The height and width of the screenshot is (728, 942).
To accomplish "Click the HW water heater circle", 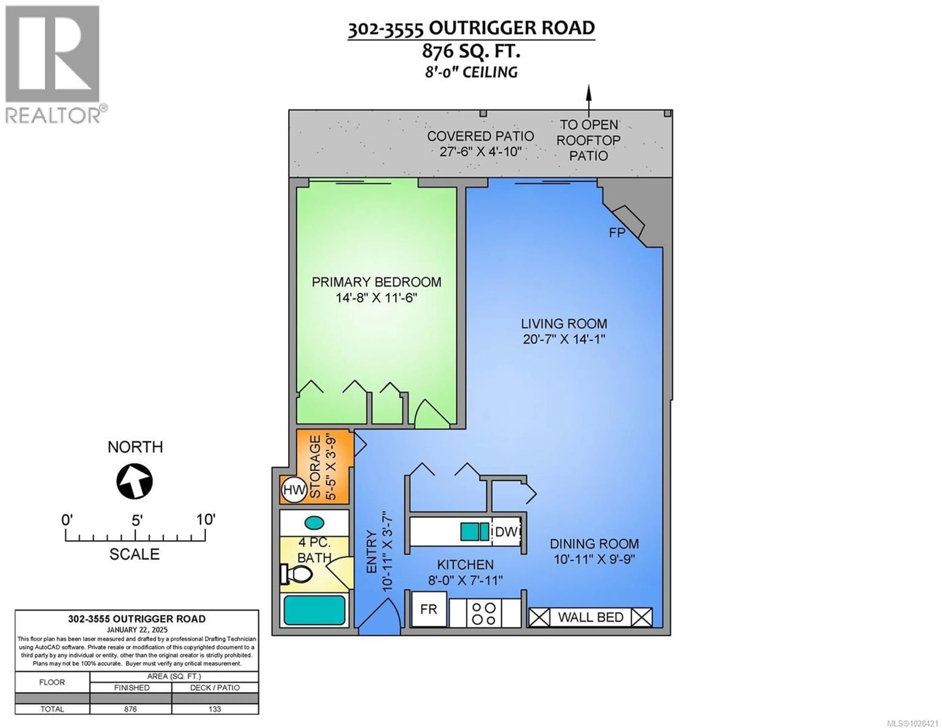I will (x=294, y=490).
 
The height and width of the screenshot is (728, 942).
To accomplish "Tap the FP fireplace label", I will (x=617, y=233).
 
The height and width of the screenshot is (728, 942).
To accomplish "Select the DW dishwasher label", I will (x=506, y=532).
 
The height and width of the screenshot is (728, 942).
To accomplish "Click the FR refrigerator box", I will (x=429, y=609).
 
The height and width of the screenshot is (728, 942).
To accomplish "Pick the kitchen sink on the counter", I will (x=474, y=532).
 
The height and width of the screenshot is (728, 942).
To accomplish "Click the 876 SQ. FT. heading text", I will (x=471, y=51).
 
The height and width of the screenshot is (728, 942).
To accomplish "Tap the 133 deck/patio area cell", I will (x=215, y=709).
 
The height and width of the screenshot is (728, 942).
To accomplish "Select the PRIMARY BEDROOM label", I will (x=376, y=282).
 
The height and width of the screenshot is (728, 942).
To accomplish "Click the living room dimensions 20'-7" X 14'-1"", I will (x=564, y=339).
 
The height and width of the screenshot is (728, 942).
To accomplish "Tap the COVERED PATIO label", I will (x=481, y=136).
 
